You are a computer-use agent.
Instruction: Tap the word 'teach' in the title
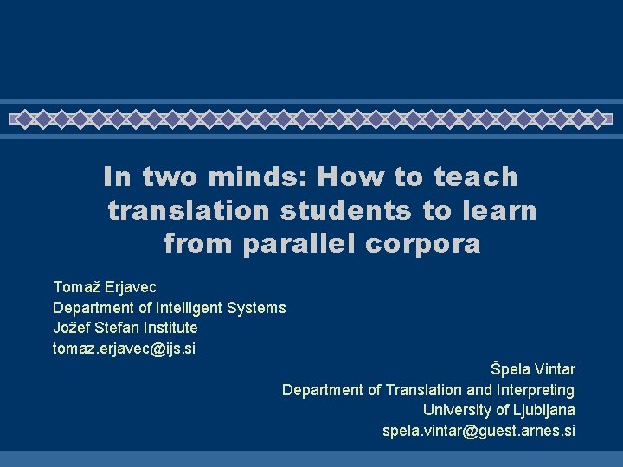[475, 177]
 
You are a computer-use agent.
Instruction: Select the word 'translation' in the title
[188, 210]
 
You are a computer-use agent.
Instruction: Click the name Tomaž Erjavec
[105, 286]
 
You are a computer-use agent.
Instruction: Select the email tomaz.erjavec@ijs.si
[125, 349]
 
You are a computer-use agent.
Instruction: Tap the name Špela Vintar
[532, 369]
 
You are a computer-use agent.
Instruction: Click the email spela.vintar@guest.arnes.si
[478, 431]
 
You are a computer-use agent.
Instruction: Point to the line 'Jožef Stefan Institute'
[125, 328]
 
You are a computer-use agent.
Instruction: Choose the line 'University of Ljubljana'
[498, 410]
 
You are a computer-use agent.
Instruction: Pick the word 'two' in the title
[170, 177]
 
